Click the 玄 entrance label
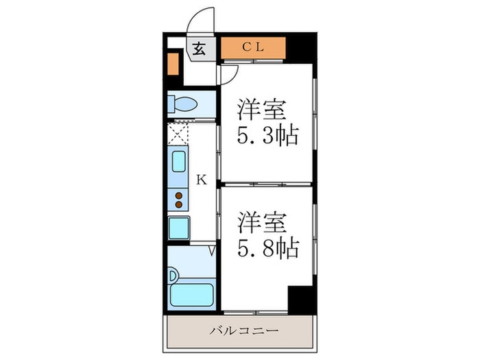click(x=199, y=49)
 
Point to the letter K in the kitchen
click(x=201, y=180)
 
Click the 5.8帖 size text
click(x=268, y=248)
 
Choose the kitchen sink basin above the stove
click(x=178, y=162)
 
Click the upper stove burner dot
click(x=179, y=195)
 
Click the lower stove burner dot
click(x=179, y=204)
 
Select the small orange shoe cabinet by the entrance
click(x=173, y=62)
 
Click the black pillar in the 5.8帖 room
click(x=300, y=299)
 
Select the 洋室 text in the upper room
click(x=261, y=110)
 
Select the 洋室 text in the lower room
click(x=261, y=222)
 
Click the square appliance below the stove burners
click(x=179, y=227)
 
